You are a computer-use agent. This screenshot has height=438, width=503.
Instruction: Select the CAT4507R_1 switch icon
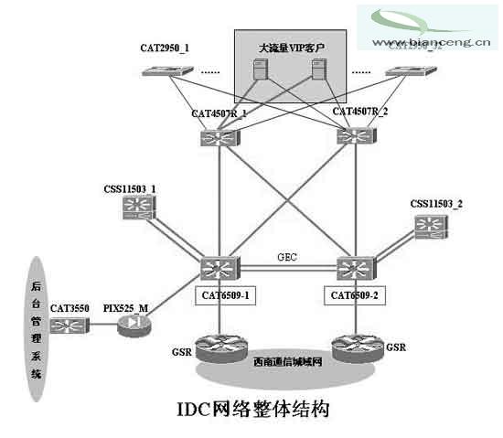219,137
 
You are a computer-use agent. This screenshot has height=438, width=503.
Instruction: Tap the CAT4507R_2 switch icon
351,137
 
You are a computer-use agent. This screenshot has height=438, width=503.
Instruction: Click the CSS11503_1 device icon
138,211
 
